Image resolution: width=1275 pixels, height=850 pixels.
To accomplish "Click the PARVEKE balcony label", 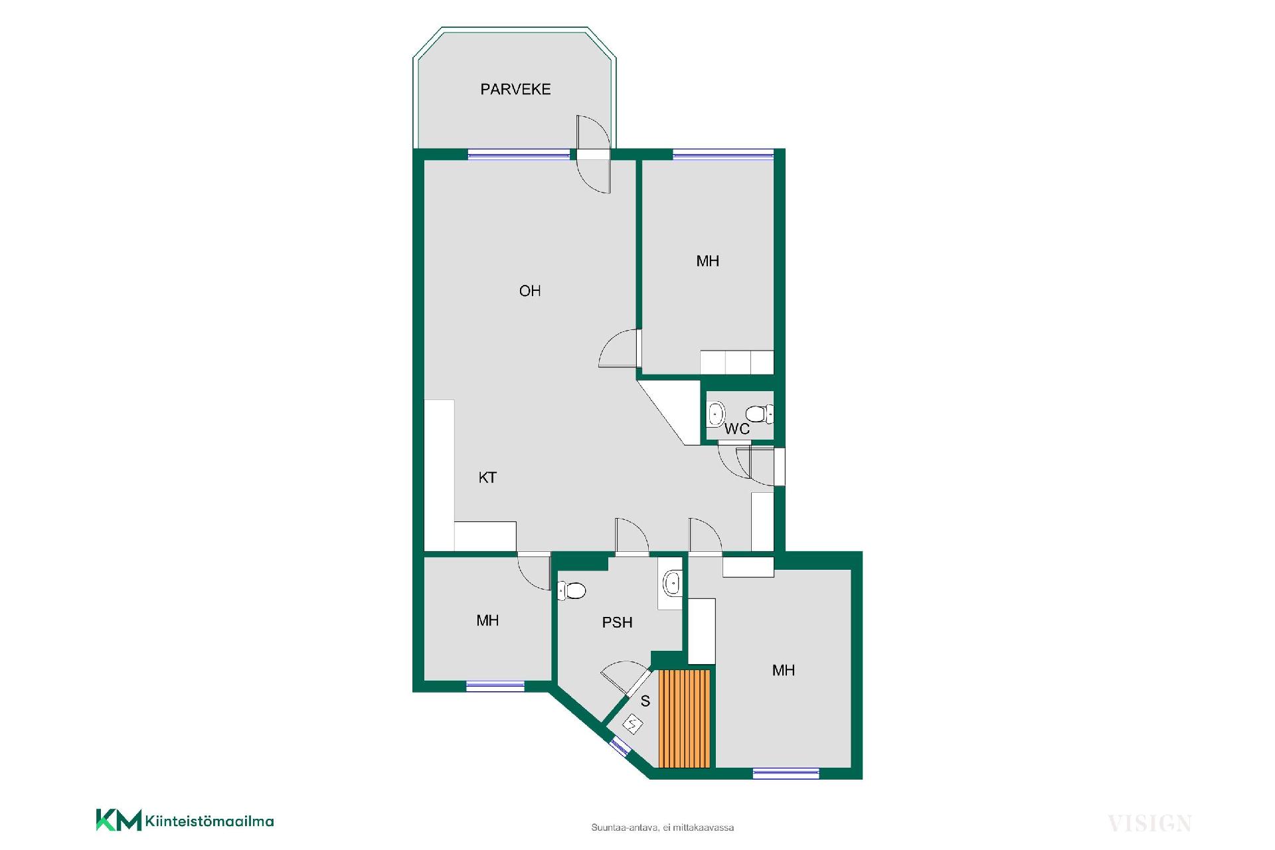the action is [x=515, y=89].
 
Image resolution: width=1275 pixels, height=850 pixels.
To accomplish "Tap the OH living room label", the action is [x=530, y=291].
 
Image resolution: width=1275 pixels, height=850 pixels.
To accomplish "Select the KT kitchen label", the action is [x=487, y=477].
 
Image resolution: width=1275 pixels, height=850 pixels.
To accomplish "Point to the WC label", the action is [x=737, y=429].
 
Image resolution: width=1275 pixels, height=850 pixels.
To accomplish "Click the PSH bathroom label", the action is [x=617, y=623].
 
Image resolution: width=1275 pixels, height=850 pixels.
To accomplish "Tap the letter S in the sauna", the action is [x=645, y=701].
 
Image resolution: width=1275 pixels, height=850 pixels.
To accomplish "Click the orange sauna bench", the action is [x=685, y=719].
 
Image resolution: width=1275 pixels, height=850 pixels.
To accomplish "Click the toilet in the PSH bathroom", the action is [x=571, y=590].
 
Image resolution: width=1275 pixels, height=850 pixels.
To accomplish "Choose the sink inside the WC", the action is [x=716, y=414].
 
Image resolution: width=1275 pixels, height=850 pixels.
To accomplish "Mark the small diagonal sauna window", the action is [x=620, y=746].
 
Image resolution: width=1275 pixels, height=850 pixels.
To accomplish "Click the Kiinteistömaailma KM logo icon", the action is [x=119, y=819].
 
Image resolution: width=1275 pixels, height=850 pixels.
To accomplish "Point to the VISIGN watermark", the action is [x=1149, y=823].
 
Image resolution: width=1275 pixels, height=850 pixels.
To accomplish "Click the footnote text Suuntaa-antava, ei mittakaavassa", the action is [x=663, y=827].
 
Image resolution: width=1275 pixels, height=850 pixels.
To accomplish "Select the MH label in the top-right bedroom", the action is [x=708, y=261].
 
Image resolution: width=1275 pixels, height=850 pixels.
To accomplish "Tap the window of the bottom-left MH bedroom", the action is [x=495, y=686].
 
